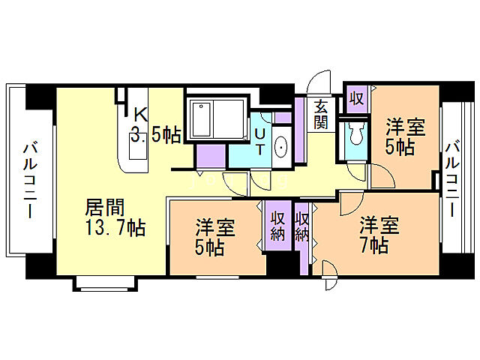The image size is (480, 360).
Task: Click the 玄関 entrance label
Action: point(321,114)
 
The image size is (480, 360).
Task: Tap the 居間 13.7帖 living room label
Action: point(115,216)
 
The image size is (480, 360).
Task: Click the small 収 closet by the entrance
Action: point(355,99)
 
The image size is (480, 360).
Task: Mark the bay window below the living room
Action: point(104,282)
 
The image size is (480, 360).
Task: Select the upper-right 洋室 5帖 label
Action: point(405,135)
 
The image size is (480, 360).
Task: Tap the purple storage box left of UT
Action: point(210,155)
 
